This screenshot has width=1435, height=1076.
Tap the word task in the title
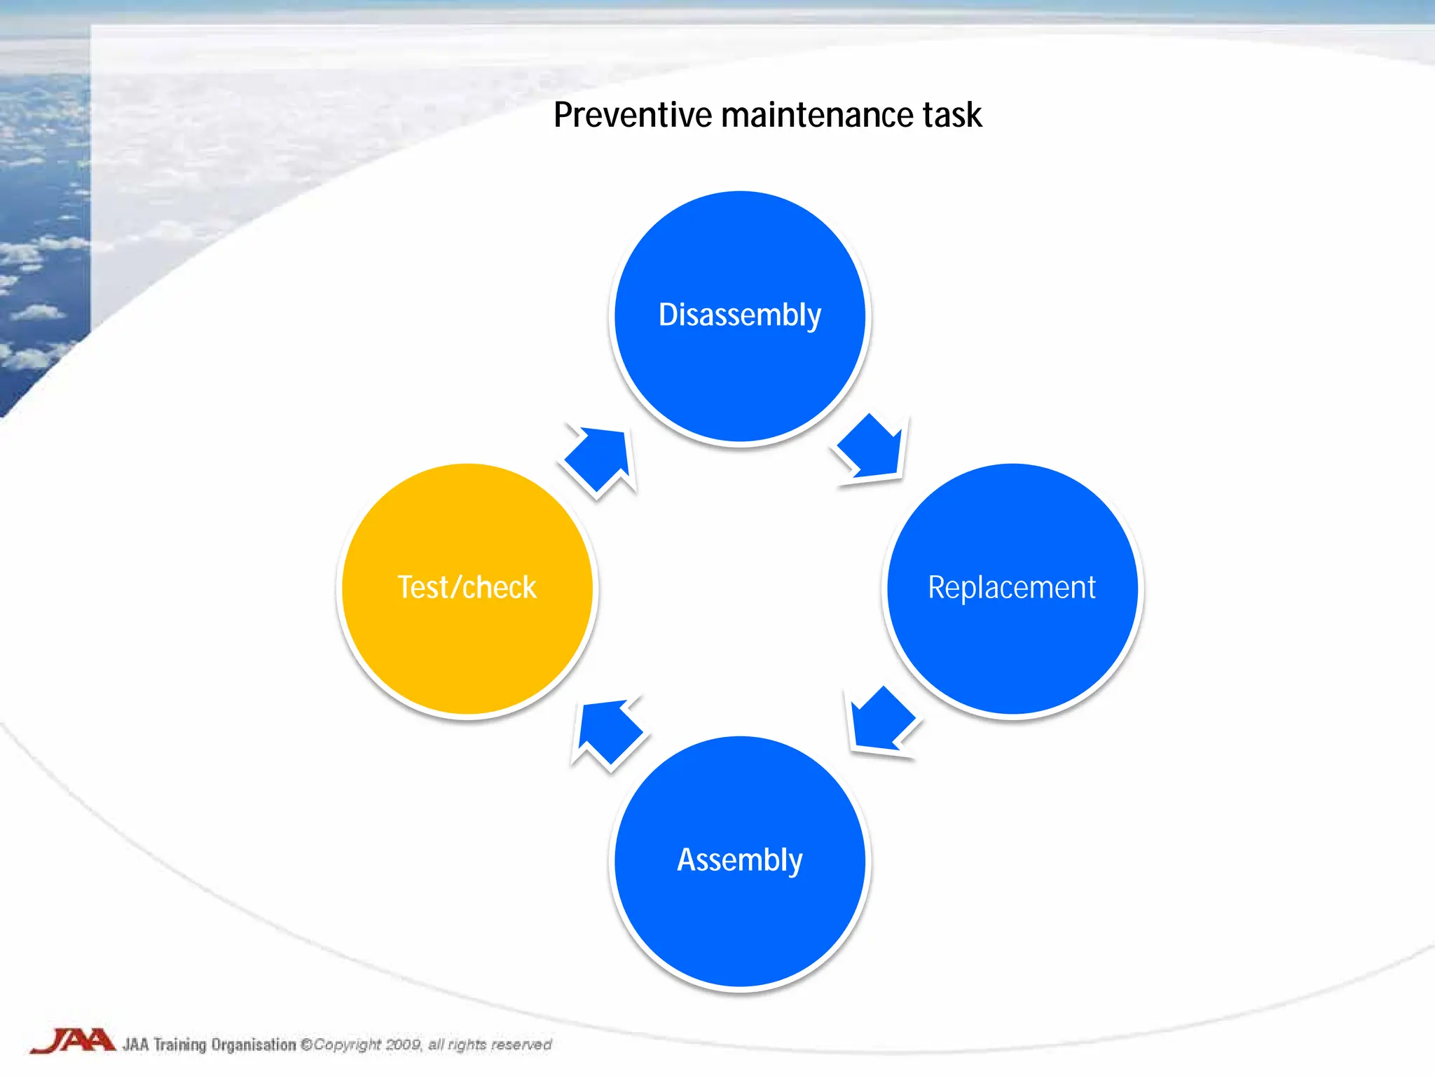pos(952,115)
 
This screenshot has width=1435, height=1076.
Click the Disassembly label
pos(739,315)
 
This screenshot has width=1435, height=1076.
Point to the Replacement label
pos(1011,587)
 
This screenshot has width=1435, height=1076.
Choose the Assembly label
pos(739,860)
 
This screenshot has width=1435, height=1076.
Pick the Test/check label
pos(467,587)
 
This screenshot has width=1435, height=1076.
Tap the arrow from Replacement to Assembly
pos(879,722)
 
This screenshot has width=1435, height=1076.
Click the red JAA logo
pos(72,1041)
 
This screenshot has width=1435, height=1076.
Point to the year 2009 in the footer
pos(403,1044)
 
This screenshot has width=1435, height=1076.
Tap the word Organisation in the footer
pos(254,1044)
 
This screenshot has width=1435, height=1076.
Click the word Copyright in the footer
pos(347,1044)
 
